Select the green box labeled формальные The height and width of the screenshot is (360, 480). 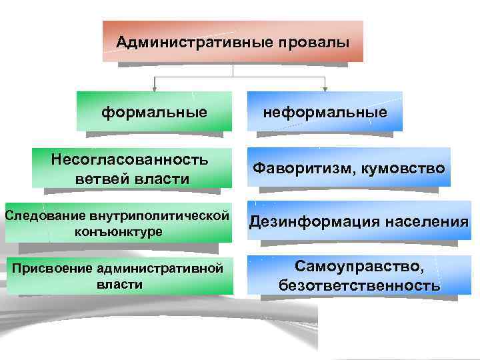point(154,111)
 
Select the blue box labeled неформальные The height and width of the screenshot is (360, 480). point(325,111)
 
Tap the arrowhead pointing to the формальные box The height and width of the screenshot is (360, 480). point(155,87)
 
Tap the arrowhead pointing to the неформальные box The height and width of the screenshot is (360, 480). point(325,87)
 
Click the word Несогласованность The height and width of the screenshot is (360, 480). point(130,159)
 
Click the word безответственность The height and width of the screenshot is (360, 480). point(359,287)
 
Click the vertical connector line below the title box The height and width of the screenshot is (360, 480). point(233,69)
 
